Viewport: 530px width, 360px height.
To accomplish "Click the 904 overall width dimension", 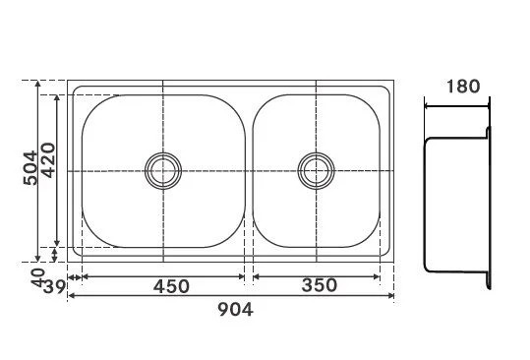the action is point(235,309).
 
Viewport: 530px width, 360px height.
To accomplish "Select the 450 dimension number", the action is point(171,286).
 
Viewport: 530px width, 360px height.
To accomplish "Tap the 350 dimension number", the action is point(319,285).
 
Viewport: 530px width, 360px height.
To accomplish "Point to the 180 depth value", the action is point(463,87).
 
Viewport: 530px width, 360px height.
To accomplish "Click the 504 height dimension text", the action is point(30,168).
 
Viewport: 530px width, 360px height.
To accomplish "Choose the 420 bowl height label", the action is point(48,160).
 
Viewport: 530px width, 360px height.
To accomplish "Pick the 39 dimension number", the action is point(54,287).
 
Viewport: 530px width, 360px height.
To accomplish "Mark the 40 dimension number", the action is point(38,277).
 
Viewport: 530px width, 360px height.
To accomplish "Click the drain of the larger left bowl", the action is point(163,171).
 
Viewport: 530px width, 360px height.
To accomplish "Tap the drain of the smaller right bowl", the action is point(317,171).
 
